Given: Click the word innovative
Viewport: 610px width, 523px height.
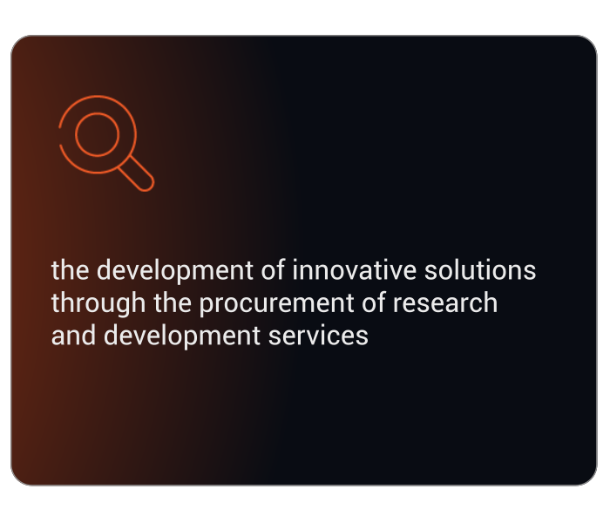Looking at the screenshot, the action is (354, 269).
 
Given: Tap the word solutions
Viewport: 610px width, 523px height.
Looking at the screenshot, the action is (480, 269).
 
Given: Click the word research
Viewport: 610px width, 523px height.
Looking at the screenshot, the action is (445, 302).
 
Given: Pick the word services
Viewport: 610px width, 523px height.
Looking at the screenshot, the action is (318, 336).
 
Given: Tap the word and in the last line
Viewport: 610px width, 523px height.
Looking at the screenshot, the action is (73, 336).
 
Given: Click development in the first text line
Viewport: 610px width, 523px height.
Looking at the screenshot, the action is (175, 270).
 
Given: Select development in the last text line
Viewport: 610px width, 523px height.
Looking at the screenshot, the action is (182, 336).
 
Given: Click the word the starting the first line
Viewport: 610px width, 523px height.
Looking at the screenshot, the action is (70, 269).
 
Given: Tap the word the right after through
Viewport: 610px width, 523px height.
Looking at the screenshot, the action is (173, 302).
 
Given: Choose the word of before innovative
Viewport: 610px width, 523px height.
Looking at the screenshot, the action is (273, 269).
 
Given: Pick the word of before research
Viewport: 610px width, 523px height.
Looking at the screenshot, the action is (373, 302).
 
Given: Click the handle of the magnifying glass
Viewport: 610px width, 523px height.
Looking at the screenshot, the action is (136, 173).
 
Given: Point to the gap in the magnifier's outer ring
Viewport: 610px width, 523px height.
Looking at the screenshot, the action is (59, 136).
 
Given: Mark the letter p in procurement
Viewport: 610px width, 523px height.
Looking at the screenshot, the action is (207, 306).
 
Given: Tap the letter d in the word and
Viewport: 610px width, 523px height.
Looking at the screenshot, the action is (88, 336).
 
